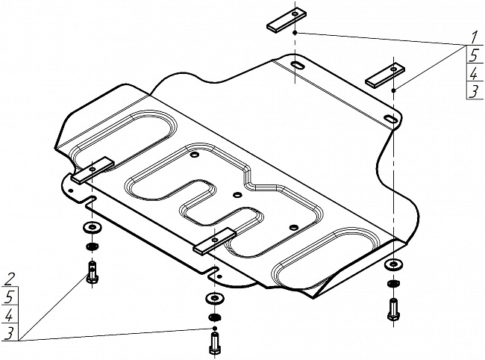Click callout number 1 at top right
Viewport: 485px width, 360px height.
click(x=473, y=37)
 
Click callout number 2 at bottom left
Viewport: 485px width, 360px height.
click(x=10, y=280)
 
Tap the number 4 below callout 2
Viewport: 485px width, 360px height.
click(x=10, y=315)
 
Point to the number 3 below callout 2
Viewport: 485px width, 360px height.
click(x=10, y=333)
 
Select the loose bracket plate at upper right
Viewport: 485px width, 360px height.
click(x=384, y=73)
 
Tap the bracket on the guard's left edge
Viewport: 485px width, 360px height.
click(x=92, y=170)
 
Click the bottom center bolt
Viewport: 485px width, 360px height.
click(x=214, y=343)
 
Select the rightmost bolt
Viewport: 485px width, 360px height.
click(x=393, y=308)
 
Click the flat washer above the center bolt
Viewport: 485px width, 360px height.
click(x=214, y=298)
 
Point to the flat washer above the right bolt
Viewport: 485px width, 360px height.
click(x=393, y=264)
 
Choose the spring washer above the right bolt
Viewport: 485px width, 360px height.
click(x=393, y=282)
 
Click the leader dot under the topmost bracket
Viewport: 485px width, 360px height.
click(x=296, y=34)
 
